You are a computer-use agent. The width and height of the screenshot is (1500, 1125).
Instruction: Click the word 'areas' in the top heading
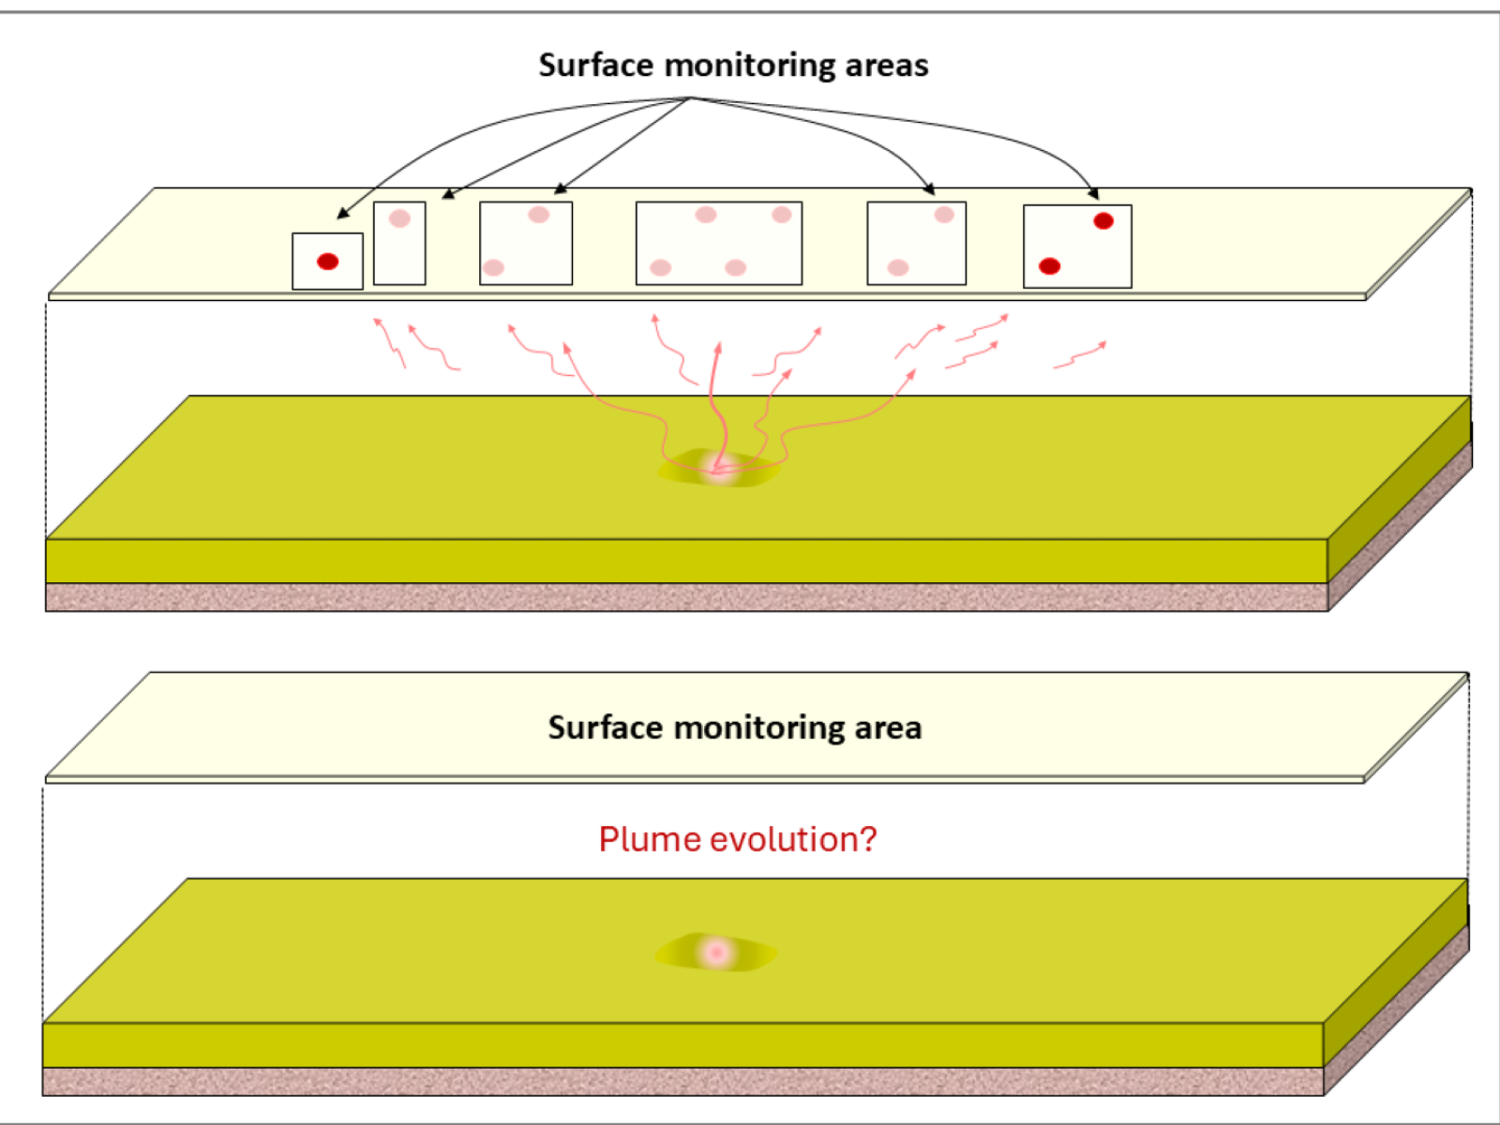coord(886,66)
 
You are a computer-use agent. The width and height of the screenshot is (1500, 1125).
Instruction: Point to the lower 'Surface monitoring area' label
coord(735,727)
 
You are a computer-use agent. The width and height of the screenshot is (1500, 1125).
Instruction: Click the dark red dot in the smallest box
coord(327,262)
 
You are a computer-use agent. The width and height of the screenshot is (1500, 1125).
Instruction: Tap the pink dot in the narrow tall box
coord(399,218)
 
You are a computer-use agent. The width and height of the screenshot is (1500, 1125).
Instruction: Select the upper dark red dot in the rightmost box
coord(1103,221)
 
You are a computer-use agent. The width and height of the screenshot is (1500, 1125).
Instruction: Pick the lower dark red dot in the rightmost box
coord(1050,266)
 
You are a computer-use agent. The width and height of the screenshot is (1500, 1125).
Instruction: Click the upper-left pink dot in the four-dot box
coord(706,215)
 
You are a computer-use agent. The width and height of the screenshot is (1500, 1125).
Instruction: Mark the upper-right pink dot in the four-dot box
coord(782,215)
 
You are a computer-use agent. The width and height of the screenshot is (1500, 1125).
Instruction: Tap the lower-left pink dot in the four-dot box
coord(660,267)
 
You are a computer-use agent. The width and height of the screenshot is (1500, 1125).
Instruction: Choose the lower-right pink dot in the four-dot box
coord(736,267)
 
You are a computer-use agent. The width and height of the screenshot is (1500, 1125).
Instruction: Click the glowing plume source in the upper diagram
coord(719,467)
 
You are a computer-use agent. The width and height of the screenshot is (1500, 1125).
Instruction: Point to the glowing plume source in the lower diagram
coord(716,952)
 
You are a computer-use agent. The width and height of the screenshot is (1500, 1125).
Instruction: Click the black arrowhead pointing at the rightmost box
coord(1093,194)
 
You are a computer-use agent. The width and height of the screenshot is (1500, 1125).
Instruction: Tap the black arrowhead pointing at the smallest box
coord(342,214)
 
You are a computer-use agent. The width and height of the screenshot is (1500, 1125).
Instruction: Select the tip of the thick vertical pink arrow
coord(718,345)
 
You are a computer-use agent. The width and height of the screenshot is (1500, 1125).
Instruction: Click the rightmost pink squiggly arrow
coord(1080,355)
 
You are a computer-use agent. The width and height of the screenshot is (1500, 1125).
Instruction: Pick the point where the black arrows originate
coord(690,97)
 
